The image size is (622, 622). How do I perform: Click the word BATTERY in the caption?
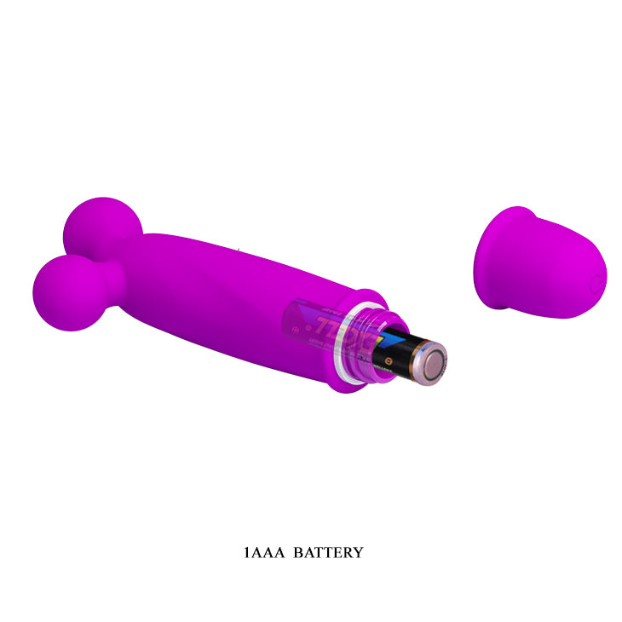(327, 552)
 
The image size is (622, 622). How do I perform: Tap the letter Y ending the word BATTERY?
(358, 552)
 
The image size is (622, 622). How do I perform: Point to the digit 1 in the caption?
(246, 552)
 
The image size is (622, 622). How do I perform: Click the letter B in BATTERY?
(297, 552)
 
